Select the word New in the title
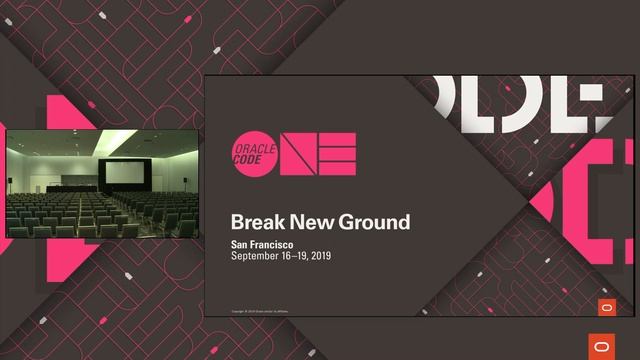[310, 222]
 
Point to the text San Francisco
[265, 244]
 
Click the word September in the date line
[261, 256]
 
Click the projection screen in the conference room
[125, 173]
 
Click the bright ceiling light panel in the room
[116, 138]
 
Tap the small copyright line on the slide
[265, 309]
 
